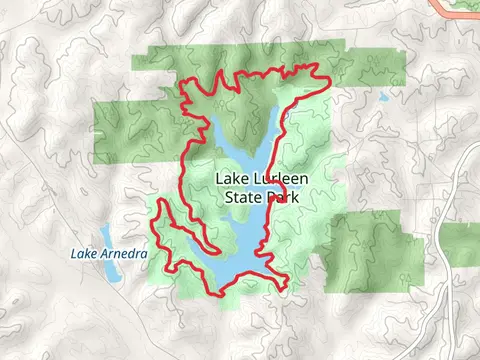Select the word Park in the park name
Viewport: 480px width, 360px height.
[287, 197]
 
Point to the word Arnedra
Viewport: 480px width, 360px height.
[124, 254]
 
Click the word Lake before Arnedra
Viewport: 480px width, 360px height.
[84, 254]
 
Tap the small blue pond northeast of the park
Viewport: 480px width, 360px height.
[382, 99]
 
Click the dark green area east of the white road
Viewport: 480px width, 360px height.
[462, 245]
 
